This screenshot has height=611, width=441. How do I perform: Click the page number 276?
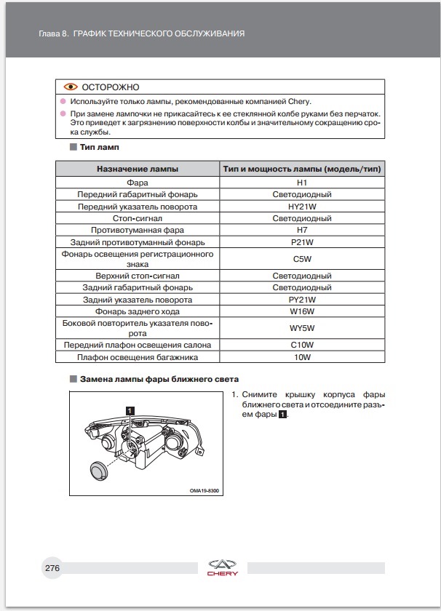click(52, 567)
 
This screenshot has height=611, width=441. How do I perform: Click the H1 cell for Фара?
click(302, 183)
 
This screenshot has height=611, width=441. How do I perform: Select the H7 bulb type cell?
click(302, 229)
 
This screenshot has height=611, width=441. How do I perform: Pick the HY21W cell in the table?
click(302, 206)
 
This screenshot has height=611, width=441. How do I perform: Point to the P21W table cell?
click(302, 241)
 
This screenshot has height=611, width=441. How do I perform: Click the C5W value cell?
click(302, 259)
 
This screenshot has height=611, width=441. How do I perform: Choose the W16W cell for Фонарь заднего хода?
click(302, 311)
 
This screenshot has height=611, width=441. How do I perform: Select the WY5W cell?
click(302, 328)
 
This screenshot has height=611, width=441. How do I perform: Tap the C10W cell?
click(302, 346)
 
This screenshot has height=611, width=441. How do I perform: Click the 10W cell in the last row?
click(302, 357)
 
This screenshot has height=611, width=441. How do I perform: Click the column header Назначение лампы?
click(138, 169)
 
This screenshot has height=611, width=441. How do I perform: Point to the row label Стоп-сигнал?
click(138, 217)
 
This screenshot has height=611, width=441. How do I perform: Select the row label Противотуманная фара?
click(138, 229)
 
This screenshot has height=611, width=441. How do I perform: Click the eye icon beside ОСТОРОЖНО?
click(70, 87)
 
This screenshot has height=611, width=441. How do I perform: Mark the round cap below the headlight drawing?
click(100, 470)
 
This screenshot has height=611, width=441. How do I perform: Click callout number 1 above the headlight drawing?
click(130, 410)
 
